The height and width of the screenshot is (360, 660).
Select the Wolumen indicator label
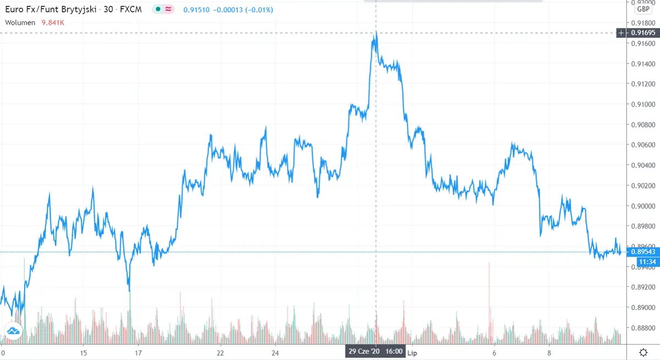pyautogui.click(x=20, y=23)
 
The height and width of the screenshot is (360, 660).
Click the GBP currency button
pyautogui.click(x=642, y=9)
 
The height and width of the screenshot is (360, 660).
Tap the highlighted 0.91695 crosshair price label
pyautogui.click(x=642, y=34)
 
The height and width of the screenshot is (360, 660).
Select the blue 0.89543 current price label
pyautogui.click(x=642, y=252)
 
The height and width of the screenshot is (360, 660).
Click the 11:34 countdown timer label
pyautogui.click(x=642, y=262)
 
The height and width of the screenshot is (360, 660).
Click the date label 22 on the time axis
pyautogui.click(x=220, y=352)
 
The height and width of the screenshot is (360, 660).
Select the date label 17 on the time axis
pyautogui.click(x=139, y=352)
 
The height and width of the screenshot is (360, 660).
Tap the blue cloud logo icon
pyautogui.click(x=13, y=331)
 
